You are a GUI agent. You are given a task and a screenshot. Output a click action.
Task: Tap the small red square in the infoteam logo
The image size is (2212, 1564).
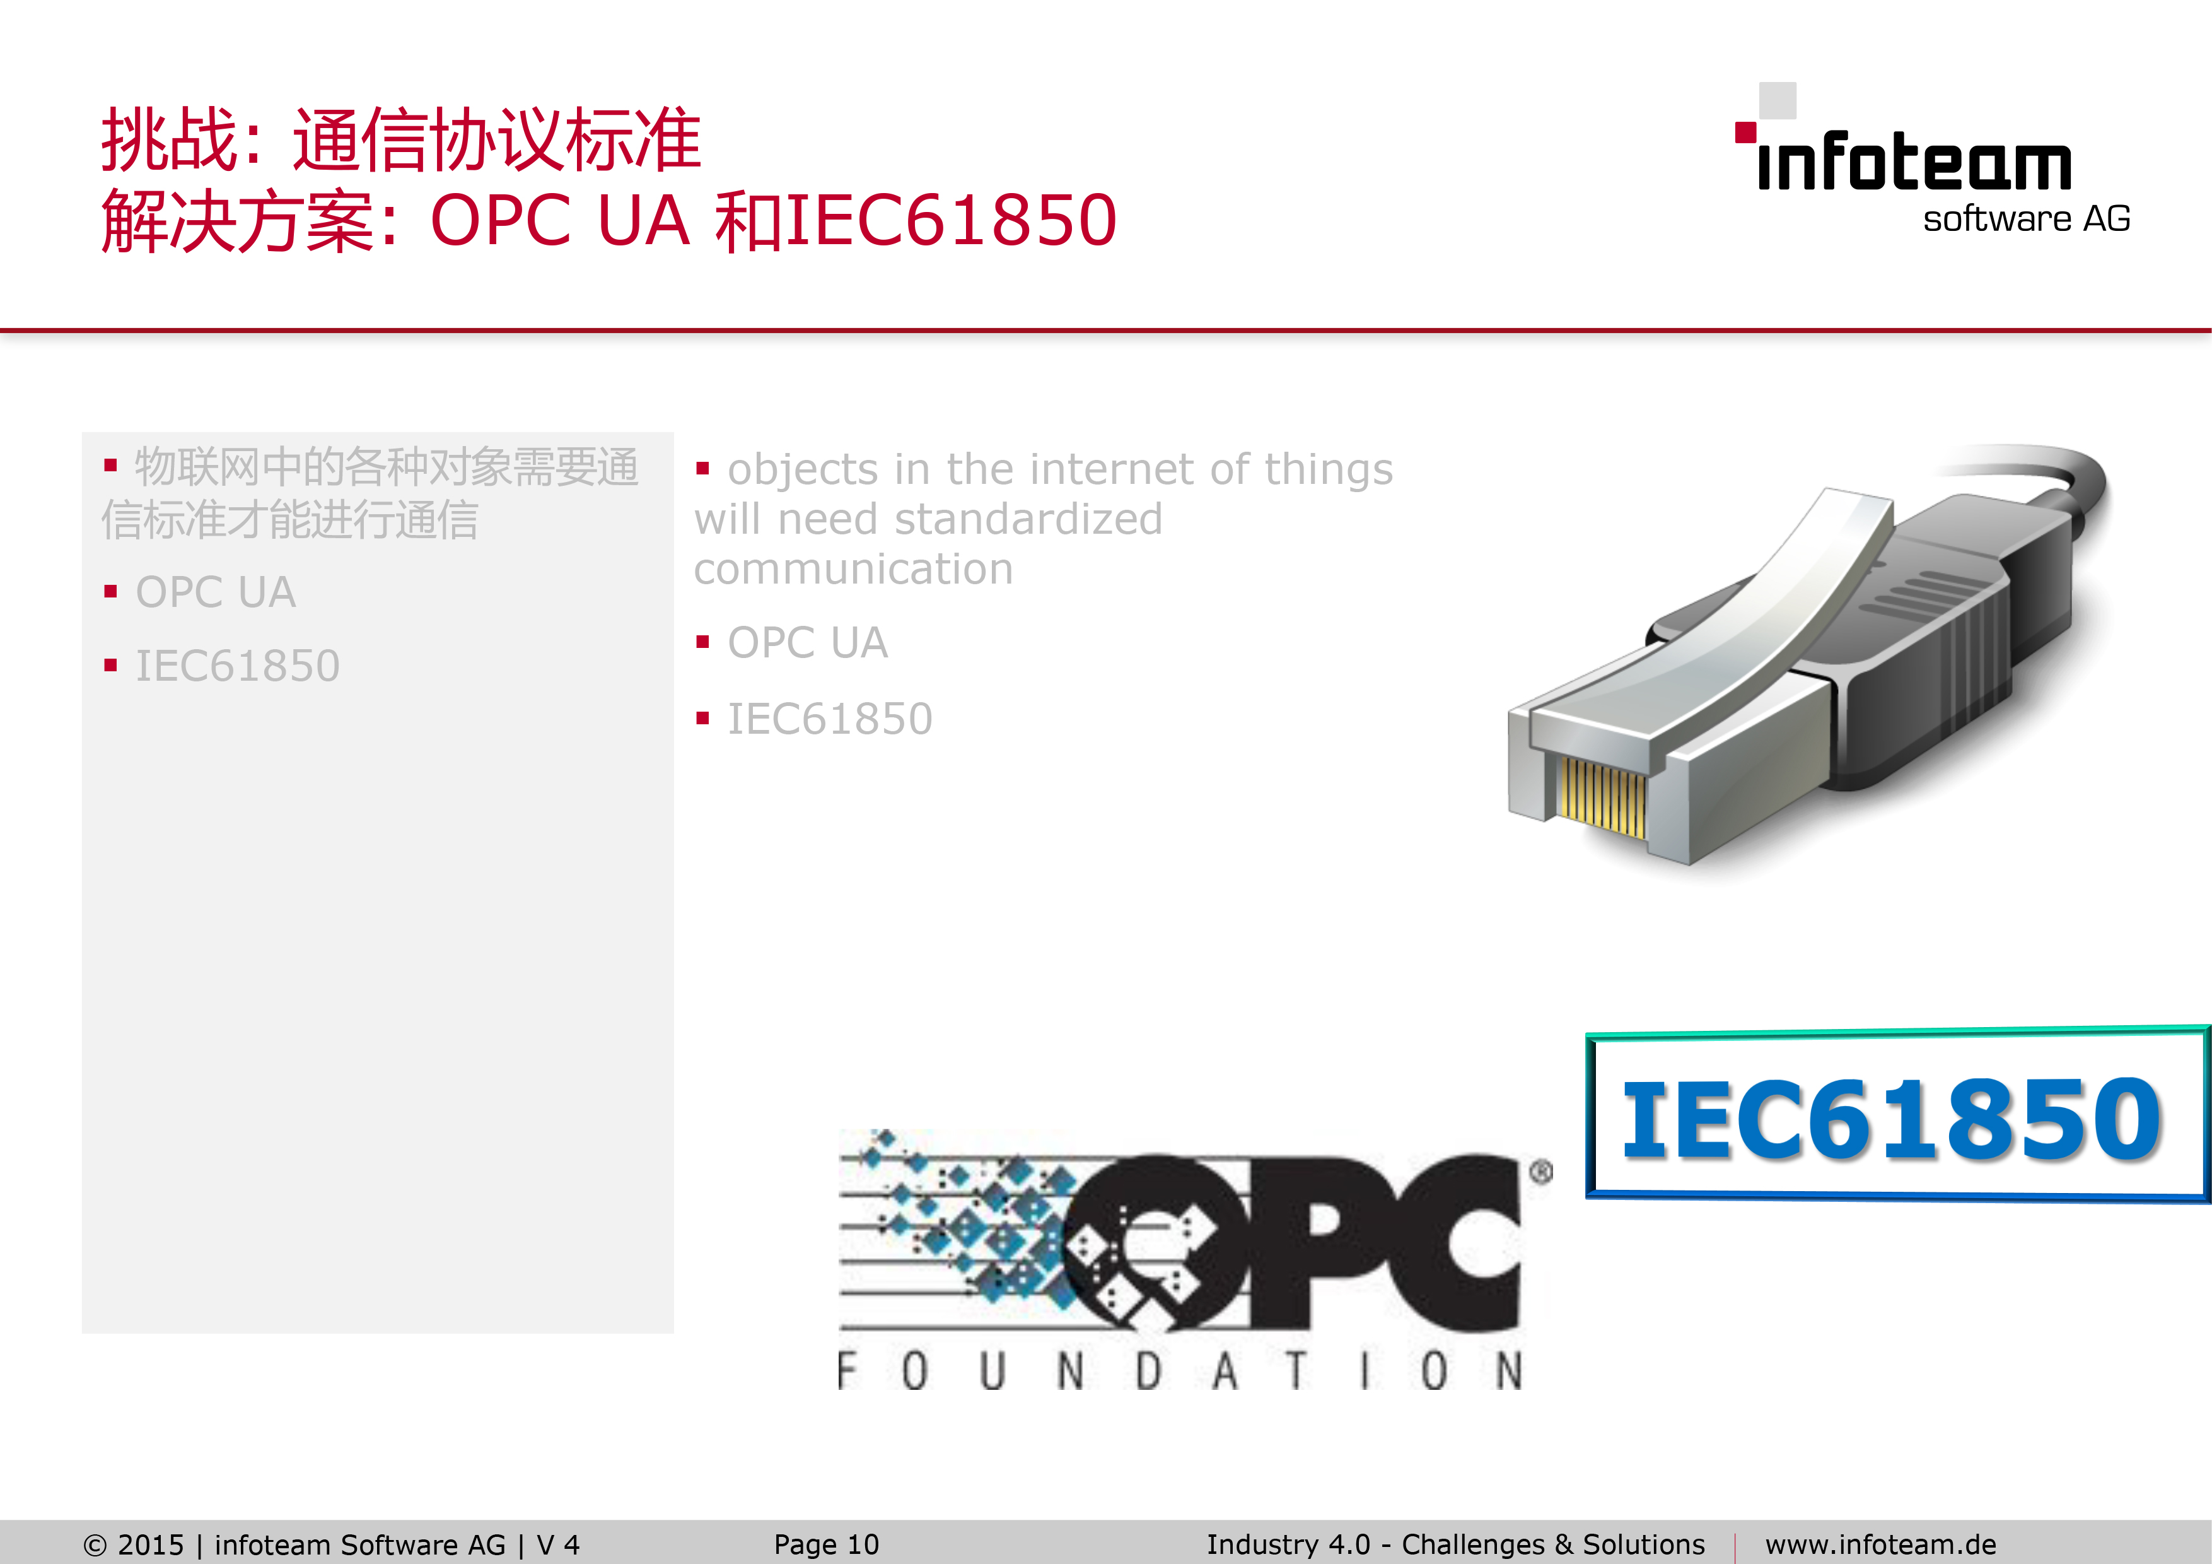1745,132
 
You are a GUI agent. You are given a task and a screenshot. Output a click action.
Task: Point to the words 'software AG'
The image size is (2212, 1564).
2026,219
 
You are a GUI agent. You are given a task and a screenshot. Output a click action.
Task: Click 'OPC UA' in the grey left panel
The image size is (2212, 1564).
215,592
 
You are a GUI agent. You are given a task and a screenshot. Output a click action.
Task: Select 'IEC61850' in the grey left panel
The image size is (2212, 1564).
237,666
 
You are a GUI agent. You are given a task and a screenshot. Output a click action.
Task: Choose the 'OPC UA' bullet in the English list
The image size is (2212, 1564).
807,643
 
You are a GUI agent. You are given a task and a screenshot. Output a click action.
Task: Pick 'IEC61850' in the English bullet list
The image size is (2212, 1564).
830,719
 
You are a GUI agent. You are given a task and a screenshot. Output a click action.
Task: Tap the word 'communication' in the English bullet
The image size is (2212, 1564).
854,570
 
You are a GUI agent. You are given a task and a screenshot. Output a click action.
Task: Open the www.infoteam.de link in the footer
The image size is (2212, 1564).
1880,1544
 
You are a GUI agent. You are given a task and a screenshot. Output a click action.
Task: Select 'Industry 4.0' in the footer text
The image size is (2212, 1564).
1288,1544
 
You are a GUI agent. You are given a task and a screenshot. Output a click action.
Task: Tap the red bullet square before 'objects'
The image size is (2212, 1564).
702,469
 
